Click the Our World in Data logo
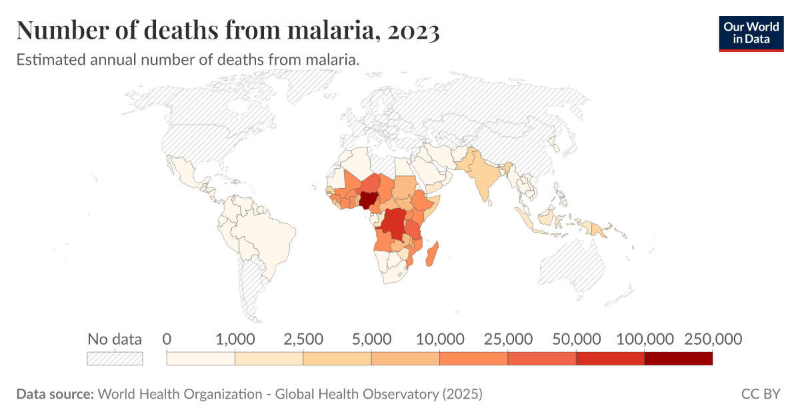[x=751, y=31]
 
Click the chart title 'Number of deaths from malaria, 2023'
[x=227, y=31]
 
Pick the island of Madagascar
[x=433, y=255]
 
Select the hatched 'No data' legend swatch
[x=115, y=359]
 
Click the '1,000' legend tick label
[x=235, y=339]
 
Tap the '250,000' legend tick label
[x=713, y=339]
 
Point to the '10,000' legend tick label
[x=439, y=339]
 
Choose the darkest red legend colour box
[x=679, y=359]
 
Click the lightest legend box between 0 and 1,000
[x=201, y=359]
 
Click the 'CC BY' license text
[x=760, y=394]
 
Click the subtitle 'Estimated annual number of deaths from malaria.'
[x=188, y=59]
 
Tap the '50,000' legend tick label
[x=576, y=339]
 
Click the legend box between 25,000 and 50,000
[x=542, y=359]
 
